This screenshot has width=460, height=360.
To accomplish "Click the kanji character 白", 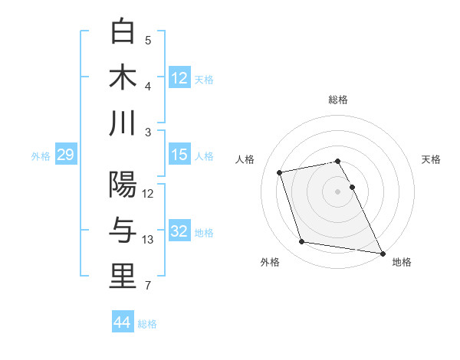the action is tap(123, 31).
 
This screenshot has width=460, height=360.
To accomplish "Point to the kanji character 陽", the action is tap(123, 185).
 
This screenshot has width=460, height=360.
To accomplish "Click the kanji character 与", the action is tap(123, 231).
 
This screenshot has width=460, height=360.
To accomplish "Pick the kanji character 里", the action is tap(123, 277).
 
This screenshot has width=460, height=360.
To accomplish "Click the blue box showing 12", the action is tap(179, 77).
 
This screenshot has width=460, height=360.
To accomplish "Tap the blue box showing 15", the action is tap(179, 155).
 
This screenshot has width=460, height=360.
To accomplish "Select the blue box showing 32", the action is tap(179, 232).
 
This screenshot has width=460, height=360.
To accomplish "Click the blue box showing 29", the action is tap(65, 155).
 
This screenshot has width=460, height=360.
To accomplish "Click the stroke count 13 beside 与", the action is tap(148, 241).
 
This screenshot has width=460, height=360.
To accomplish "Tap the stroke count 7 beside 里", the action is tap(148, 286).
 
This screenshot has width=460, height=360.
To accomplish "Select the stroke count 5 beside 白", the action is tap(148, 40).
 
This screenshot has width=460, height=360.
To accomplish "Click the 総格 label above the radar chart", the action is tap(337, 100).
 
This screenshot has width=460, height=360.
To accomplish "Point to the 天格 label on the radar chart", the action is tap(431, 159).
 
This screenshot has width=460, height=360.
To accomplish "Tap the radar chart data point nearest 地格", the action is tap(382, 253).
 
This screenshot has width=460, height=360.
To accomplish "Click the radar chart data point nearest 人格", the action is tap(280, 172).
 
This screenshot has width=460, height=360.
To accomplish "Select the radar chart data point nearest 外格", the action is tap(301, 242).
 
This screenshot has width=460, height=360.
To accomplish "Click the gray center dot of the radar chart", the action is tap(337, 191).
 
